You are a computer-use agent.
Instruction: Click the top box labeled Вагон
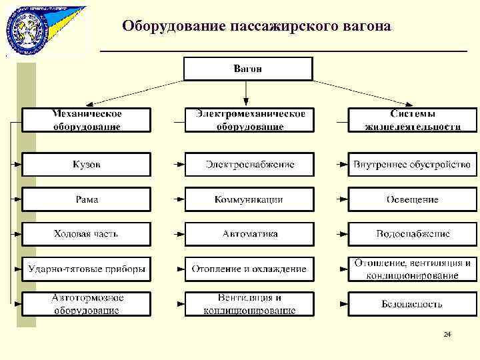247,69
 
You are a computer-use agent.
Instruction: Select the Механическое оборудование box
87,120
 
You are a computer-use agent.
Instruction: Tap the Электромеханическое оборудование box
249,120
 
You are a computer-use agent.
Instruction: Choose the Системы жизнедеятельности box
412,120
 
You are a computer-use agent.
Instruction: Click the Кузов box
87,164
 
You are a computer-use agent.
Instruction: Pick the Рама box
87,199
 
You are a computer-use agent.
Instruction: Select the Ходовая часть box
87,234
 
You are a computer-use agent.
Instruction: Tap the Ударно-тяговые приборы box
87,269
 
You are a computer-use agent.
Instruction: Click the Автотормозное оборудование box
87,304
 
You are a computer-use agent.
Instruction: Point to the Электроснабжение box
249,164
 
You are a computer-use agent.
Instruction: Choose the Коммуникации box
249,199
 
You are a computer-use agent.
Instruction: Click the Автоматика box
249,234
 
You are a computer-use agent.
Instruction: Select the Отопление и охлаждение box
249,269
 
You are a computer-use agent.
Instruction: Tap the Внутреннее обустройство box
412,164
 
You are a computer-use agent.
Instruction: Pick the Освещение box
412,199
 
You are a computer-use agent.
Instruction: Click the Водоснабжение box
412,234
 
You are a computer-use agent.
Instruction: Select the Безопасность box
412,304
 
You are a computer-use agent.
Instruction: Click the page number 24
447,334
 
